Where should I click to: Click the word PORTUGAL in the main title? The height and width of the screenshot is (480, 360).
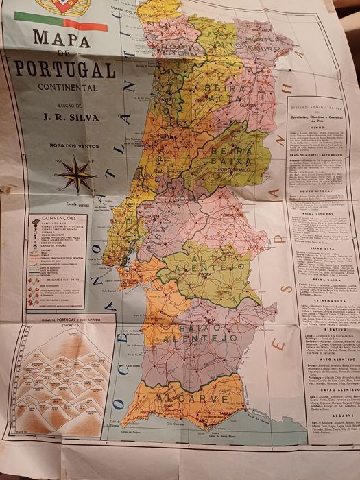point(64,69)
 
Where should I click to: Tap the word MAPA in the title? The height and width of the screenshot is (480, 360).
point(62,40)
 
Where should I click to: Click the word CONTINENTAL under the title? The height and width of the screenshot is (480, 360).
point(67,88)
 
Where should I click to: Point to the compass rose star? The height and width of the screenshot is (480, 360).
point(76,174)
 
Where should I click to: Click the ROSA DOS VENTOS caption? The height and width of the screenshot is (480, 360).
point(76,145)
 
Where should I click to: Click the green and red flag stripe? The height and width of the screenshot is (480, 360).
point(75,25)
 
